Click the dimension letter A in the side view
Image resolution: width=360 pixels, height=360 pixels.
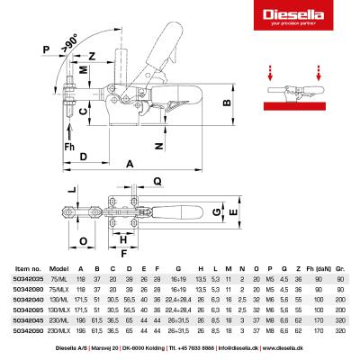(129, 164)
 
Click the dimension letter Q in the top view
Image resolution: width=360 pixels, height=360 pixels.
(157, 180)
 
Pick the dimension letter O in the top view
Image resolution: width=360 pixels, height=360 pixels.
(80, 241)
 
